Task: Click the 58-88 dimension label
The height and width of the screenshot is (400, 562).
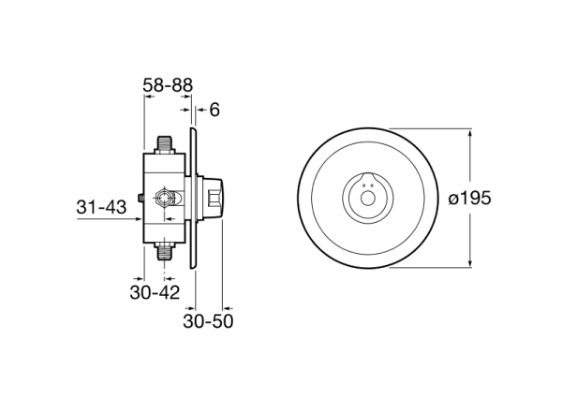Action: click(168, 85)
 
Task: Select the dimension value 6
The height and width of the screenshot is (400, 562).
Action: click(214, 110)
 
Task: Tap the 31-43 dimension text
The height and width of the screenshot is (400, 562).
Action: click(101, 207)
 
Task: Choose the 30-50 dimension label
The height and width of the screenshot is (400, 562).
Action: click(208, 320)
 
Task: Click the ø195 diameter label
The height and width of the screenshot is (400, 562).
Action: click(471, 199)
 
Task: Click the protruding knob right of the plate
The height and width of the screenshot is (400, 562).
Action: click(214, 198)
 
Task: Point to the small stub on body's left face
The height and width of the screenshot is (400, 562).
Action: click(140, 198)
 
